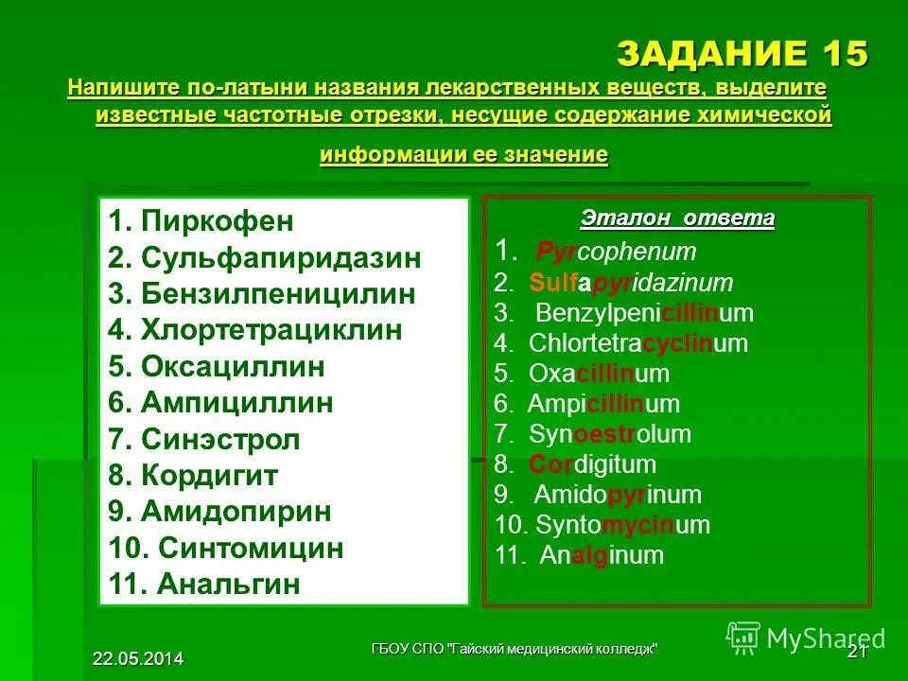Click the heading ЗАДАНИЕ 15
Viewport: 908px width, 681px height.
click(x=742, y=55)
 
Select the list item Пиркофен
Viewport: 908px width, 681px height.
click(x=217, y=222)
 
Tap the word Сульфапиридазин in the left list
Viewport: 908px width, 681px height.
click(x=281, y=258)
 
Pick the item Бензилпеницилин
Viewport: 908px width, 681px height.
click(x=278, y=294)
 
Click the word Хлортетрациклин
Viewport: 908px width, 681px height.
click(x=271, y=330)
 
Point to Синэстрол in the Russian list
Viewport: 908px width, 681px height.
click(x=220, y=439)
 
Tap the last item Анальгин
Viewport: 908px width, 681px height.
click(x=229, y=584)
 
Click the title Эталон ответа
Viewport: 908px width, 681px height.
click(x=677, y=219)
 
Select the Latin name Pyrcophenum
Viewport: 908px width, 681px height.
click(x=616, y=252)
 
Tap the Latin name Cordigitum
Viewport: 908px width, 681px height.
click(x=592, y=464)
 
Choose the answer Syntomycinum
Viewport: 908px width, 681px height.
click(x=622, y=525)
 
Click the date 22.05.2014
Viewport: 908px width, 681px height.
click(x=138, y=658)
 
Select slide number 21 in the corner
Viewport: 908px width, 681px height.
click(x=857, y=652)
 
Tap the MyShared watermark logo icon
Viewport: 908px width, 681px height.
click(x=744, y=637)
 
